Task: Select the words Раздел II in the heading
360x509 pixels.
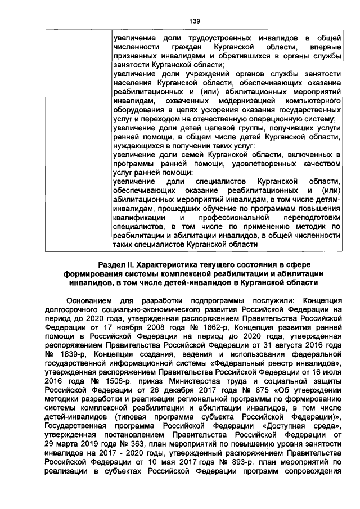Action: pyautogui.click(x=117, y=264)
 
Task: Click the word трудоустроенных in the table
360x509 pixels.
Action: pyautogui.click(x=204, y=38)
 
